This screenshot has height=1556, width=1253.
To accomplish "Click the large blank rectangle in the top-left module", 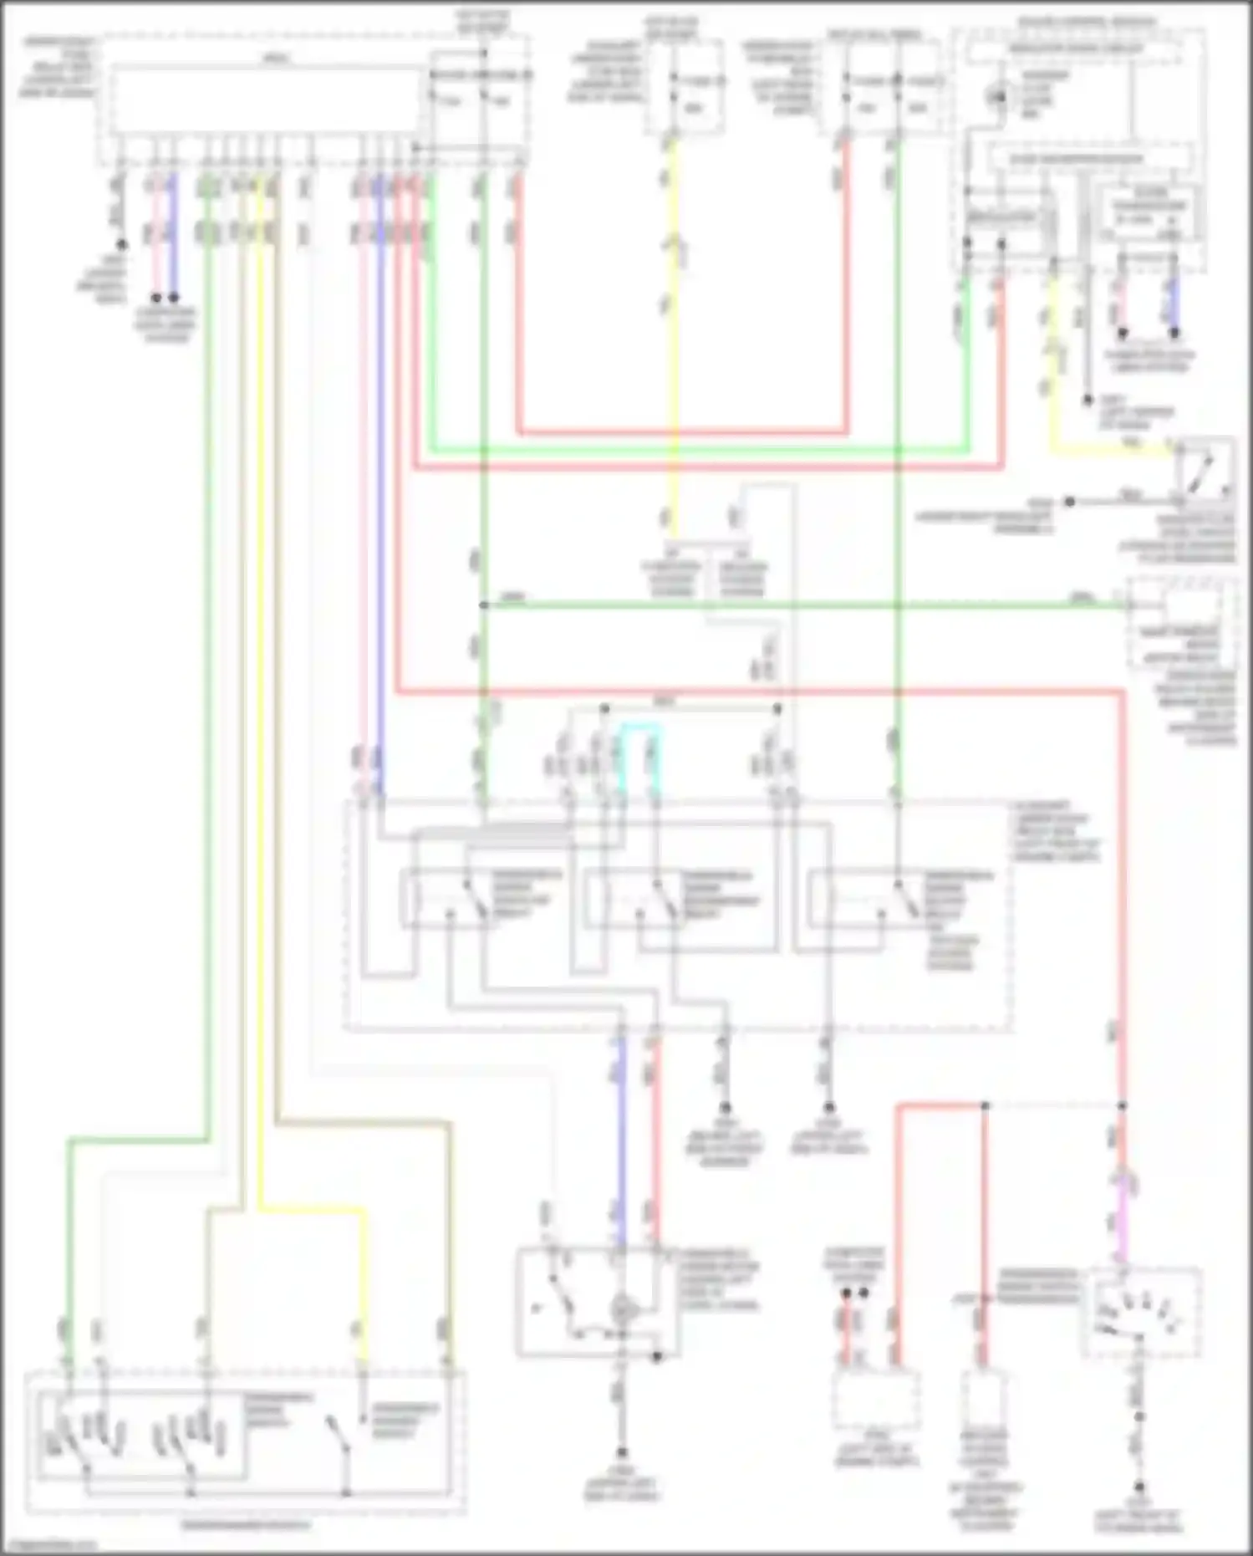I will point(266,101).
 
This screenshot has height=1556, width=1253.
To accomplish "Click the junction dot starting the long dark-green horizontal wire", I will point(483,605).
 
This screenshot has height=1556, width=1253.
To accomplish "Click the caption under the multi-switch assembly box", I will point(244,1523).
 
